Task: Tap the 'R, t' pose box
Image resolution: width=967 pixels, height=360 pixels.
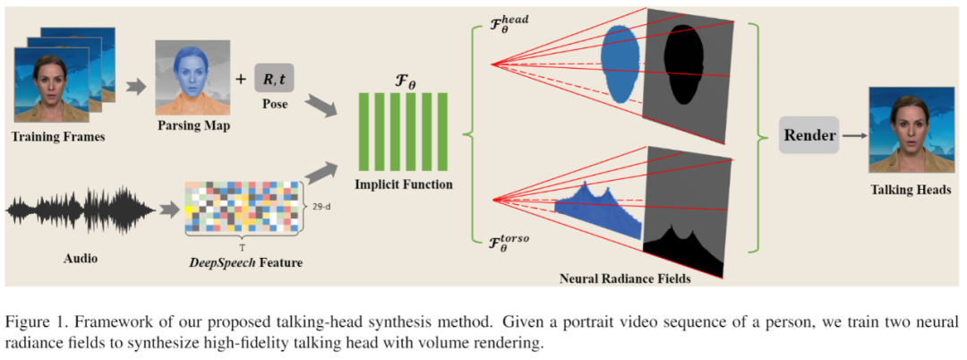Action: pyautogui.click(x=274, y=79)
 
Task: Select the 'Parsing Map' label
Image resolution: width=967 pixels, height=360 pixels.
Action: pyautogui.click(x=192, y=125)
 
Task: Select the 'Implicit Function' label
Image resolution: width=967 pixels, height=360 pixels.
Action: pyautogui.click(x=401, y=184)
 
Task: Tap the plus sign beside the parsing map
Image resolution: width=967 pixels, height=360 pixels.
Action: pyautogui.click(x=239, y=79)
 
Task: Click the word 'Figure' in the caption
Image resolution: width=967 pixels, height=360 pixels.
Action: pyautogui.click(x=27, y=321)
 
